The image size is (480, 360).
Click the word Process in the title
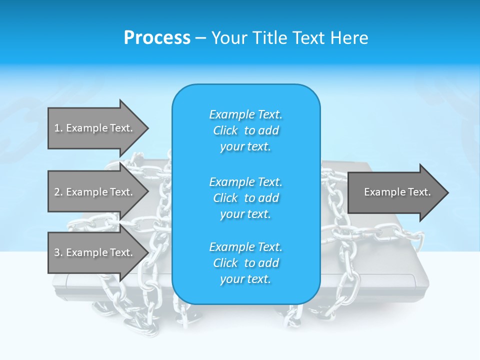(x=157, y=38)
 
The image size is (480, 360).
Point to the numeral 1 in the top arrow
(x=57, y=128)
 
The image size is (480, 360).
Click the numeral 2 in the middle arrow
(x=57, y=192)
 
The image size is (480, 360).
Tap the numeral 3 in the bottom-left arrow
(x=57, y=252)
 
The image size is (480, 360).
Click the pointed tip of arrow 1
(x=147, y=128)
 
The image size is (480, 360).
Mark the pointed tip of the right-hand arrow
(x=447, y=192)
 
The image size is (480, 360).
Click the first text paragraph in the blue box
(x=245, y=130)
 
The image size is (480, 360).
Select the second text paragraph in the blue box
(x=245, y=197)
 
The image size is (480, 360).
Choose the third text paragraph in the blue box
(x=245, y=263)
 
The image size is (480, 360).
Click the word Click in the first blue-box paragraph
(x=225, y=130)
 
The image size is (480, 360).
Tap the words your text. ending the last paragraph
(x=245, y=279)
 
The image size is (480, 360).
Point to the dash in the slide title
(x=201, y=38)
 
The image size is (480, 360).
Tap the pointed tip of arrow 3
(x=147, y=252)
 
